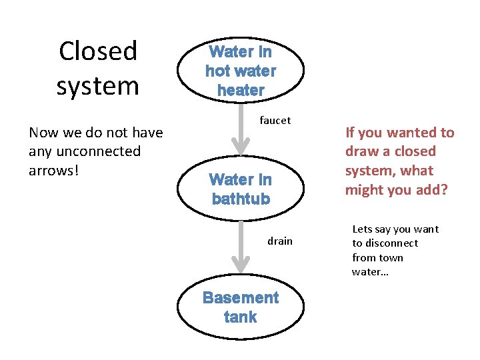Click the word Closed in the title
click(x=97, y=51)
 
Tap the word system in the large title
click(x=97, y=86)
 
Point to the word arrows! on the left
click(x=54, y=170)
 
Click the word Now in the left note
click(x=43, y=133)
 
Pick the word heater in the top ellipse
click(x=241, y=90)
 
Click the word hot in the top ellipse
click(x=218, y=71)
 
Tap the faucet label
click(x=275, y=121)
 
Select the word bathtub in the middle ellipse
click(x=241, y=199)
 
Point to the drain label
click(x=280, y=241)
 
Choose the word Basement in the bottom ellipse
click(x=241, y=297)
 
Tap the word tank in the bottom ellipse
click(x=241, y=317)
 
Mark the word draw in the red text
click(x=361, y=151)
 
